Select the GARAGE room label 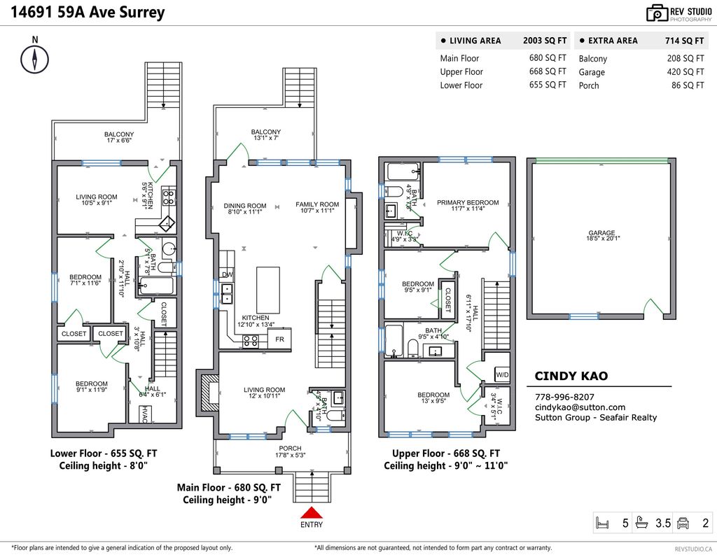point(601,233)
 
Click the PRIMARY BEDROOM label point(468,203)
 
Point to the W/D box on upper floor point(502,375)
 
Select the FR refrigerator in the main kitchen point(279,339)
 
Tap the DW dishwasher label point(226,275)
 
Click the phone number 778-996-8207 point(564,396)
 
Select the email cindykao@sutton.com point(580,407)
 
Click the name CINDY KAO point(571,377)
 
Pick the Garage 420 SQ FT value point(685,72)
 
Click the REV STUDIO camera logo point(657,13)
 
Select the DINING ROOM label point(245,206)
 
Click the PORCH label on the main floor point(290,449)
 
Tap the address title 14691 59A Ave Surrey point(88,13)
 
